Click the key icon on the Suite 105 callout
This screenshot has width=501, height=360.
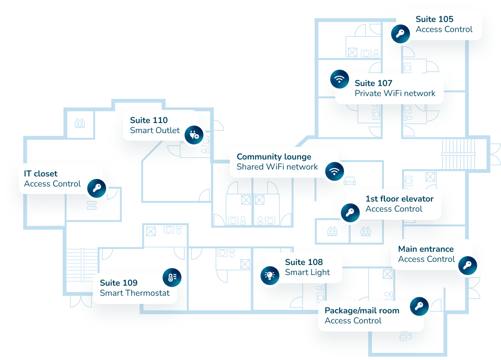point(400,34)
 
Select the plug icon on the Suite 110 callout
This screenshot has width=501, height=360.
point(195,134)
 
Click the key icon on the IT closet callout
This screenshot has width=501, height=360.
point(98,188)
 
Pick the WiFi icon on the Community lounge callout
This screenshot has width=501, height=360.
point(334,171)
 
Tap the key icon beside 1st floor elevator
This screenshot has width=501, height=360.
point(350,212)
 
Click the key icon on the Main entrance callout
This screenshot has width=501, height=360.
point(467,265)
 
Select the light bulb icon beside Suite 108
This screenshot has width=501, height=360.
point(269,275)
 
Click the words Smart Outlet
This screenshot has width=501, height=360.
point(155,130)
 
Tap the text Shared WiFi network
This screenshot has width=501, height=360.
point(277,167)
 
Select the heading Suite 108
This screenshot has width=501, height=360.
point(304,262)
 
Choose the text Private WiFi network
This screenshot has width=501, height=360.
point(395,93)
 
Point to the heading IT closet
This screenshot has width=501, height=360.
point(41,173)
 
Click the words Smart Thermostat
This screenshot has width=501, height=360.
point(135,293)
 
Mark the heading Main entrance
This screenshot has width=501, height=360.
point(426,249)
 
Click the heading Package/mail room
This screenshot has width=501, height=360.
point(362,311)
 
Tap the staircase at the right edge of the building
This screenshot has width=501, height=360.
point(459,153)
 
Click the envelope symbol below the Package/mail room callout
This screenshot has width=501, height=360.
point(405,336)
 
